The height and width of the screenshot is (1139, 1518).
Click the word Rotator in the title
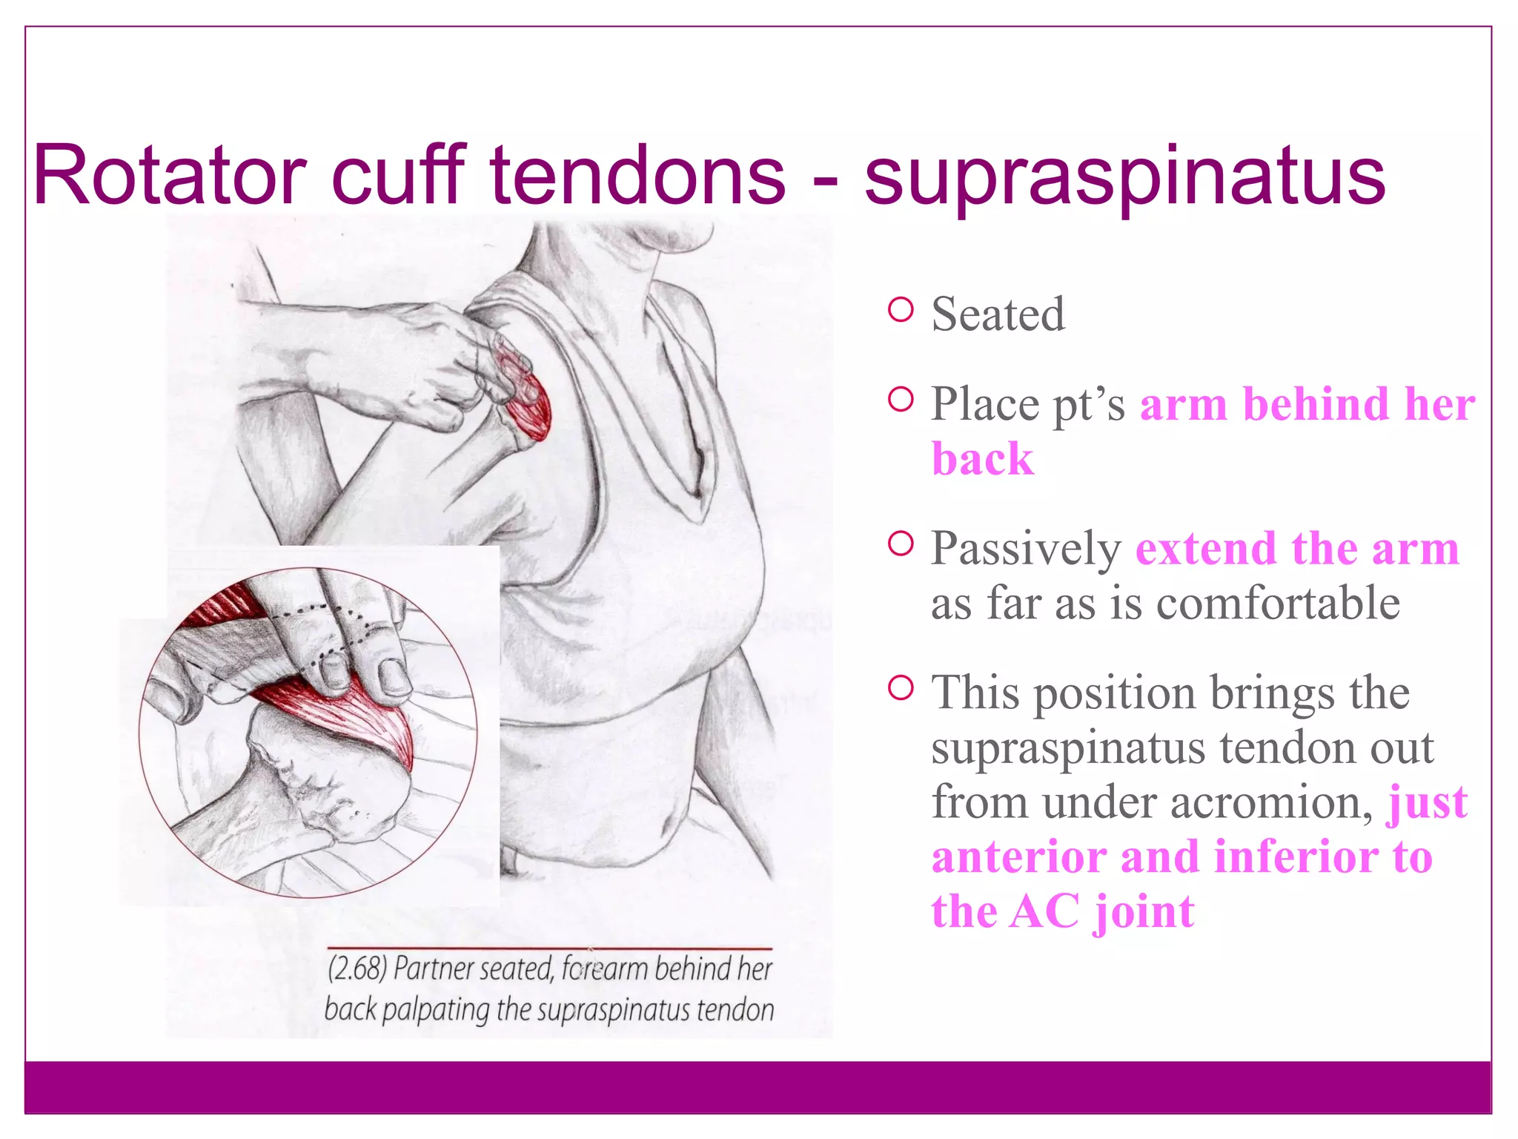click(x=170, y=176)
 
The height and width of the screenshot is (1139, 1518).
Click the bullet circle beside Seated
click(x=900, y=309)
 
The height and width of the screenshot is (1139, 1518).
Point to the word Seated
click(x=998, y=314)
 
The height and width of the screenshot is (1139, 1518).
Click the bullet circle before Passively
click(x=900, y=544)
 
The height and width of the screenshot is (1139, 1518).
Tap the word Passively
click(x=1027, y=550)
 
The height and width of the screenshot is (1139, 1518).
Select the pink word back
click(x=982, y=459)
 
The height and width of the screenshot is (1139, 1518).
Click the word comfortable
click(x=1278, y=603)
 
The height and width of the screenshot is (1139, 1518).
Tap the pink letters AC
click(x=1044, y=911)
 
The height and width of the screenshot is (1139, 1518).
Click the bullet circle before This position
click(x=900, y=688)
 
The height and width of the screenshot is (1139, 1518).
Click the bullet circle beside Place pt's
click(x=900, y=400)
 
